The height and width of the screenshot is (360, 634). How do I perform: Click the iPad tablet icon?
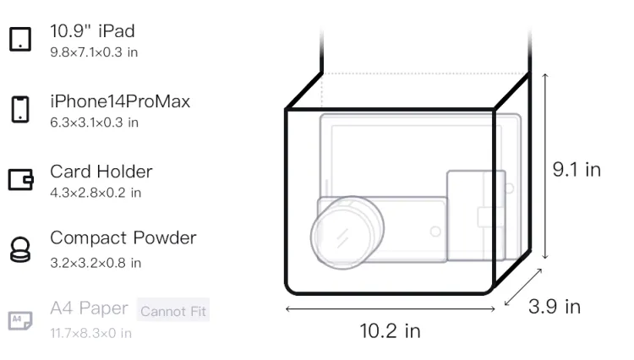pyautogui.click(x=20, y=39)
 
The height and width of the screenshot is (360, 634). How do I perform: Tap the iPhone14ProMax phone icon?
pyautogui.click(x=20, y=109)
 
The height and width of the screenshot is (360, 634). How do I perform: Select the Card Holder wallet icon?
pyautogui.click(x=20, y=179)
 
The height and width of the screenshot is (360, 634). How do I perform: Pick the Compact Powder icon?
pyautogui.click(x=20, y=249)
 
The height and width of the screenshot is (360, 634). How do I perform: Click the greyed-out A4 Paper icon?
pyautogui.click(x=20, y=320)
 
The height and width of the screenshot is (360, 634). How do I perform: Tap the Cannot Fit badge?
pyautogui.click(x=173, y=310)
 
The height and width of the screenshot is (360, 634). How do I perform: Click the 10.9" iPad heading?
pyautogui.click(x=92, y=31)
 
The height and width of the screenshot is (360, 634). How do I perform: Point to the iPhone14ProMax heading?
pyautogui.click(x=120, y=101)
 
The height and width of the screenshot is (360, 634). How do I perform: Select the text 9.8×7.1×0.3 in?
pyautogui.click(x=94, y=52)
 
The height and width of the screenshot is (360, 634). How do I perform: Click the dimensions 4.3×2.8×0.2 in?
pyautogui.click(x=96, y=193)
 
